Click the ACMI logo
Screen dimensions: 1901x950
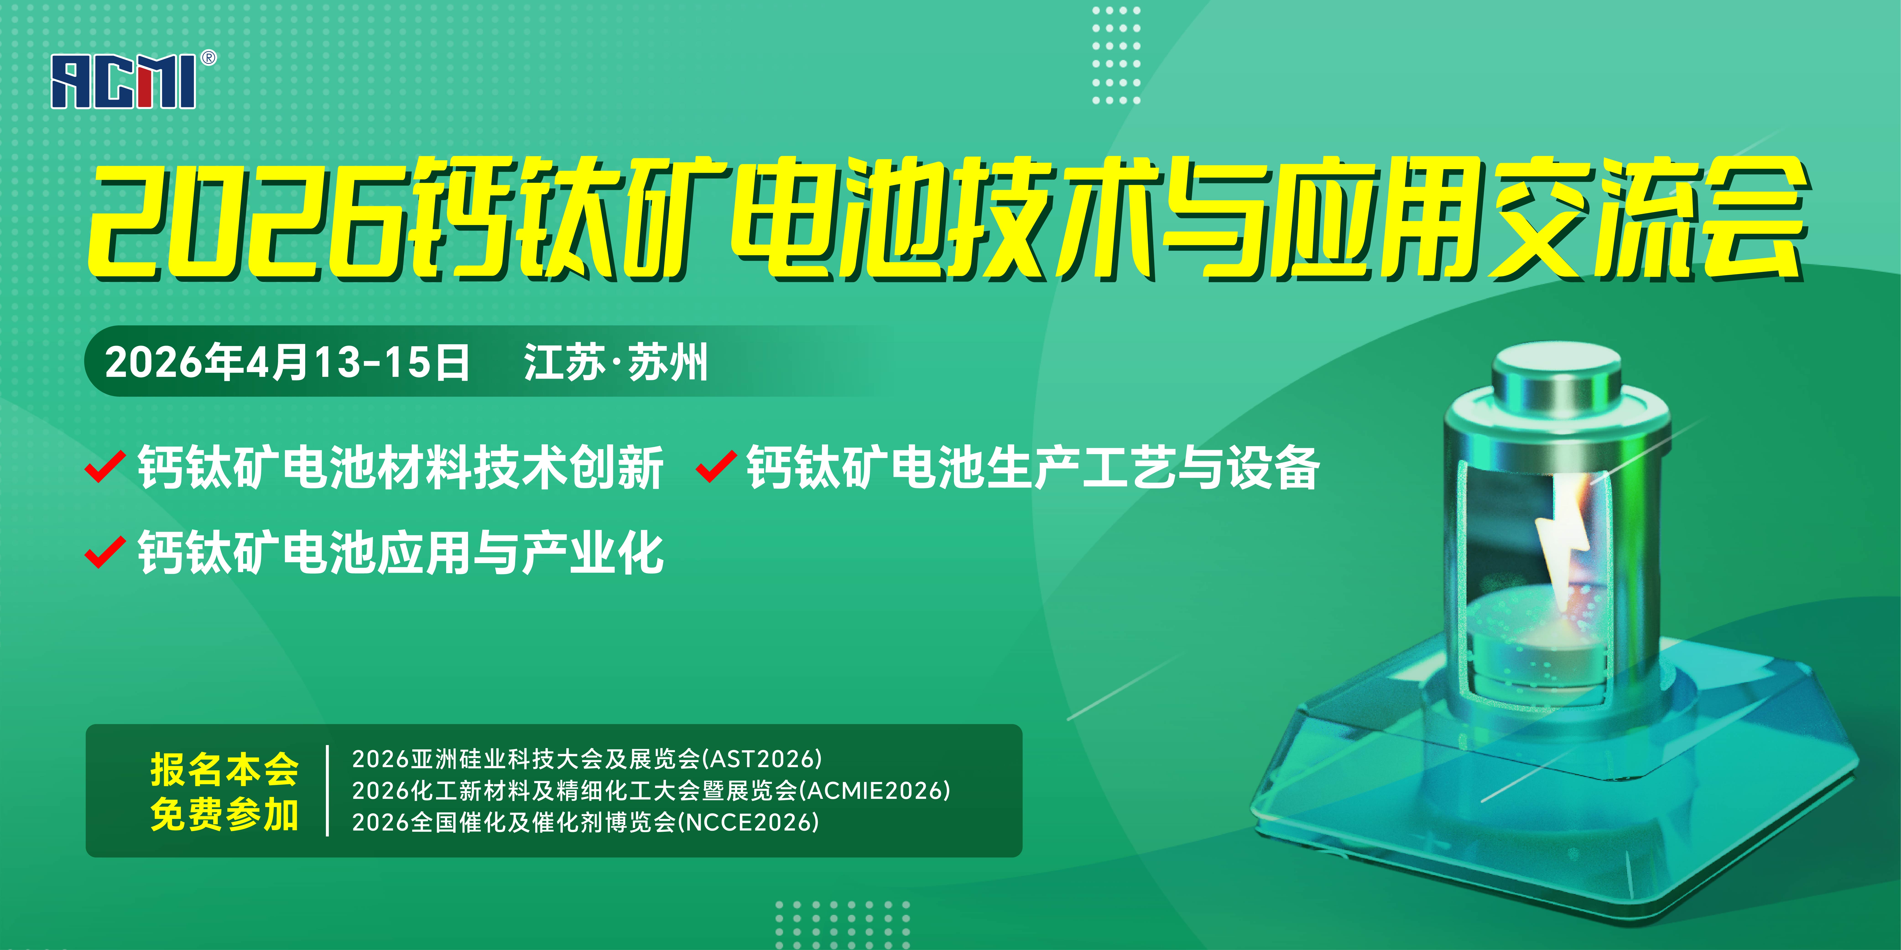(123, 82)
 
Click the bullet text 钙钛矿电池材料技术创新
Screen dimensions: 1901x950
(401, 468)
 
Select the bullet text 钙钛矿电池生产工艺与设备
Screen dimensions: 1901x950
(1033, 468)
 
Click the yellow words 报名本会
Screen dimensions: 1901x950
(224, 769)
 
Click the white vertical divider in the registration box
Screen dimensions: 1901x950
(327, 791)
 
